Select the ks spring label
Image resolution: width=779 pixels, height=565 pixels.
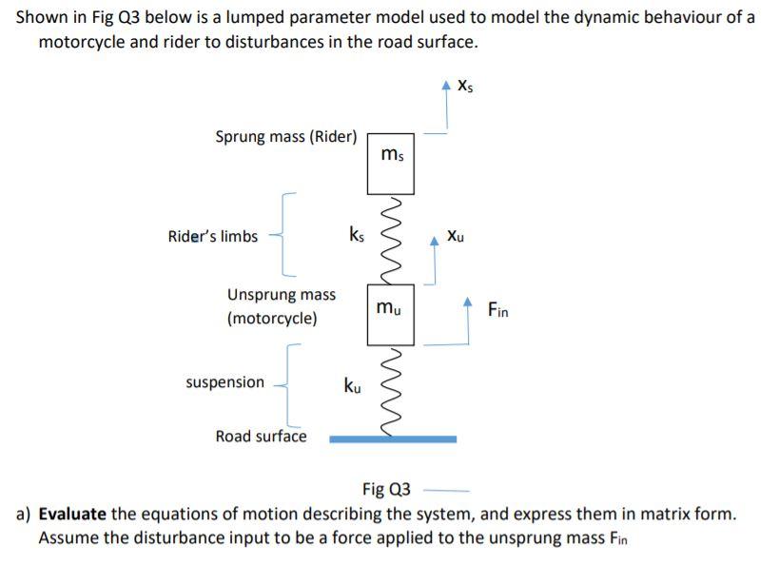pos(356,234)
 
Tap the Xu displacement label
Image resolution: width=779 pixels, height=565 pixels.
pos(457,236)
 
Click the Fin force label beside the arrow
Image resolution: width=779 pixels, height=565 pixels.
pos(497,309)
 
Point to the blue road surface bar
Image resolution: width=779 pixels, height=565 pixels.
pos(393,438)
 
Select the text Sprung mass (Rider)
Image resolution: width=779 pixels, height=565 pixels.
pos(286,136)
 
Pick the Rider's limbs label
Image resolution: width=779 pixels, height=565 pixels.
pos(212,236)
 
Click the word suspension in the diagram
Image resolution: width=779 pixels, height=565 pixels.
pos(225,382)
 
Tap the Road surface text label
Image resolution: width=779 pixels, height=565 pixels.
pos(261,436)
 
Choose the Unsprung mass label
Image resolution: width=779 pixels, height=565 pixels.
pos(282,295)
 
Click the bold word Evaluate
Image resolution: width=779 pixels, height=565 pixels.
pos(72,515)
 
